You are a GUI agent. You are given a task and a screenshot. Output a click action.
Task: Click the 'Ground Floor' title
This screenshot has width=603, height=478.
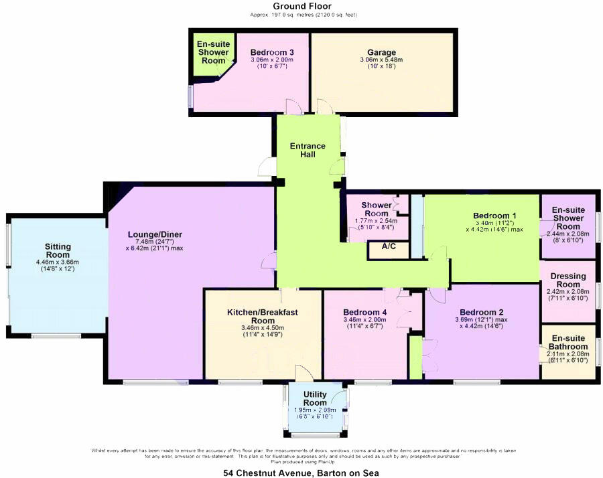pos(301,6)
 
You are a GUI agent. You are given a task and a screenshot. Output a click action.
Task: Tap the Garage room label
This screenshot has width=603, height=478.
pos(381,52)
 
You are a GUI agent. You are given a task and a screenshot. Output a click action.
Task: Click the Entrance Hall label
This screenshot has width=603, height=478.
pos(308,150)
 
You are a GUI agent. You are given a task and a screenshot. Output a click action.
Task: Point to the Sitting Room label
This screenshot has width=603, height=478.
pos(58,250)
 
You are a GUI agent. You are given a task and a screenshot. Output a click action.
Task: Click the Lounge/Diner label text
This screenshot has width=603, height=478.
pos(155,234)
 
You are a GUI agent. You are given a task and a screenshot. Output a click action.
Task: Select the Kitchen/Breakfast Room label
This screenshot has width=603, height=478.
pos(263,316)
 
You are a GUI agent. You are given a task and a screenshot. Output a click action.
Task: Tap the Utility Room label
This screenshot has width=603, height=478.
pos(315,399)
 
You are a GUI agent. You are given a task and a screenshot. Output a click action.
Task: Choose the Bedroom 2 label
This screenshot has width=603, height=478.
pos(481,312)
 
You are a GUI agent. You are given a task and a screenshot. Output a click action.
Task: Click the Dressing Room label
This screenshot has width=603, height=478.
pos(567,280)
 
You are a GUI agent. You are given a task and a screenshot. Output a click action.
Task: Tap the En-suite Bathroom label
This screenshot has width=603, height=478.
pos(568,342)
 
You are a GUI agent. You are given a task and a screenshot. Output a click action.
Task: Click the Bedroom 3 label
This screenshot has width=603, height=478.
pos(272,52)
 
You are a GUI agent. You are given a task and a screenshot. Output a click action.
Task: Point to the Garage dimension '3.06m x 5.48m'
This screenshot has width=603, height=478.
pos(381,60)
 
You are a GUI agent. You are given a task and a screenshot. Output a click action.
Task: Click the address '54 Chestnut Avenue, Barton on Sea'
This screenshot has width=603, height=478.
pos(301,473)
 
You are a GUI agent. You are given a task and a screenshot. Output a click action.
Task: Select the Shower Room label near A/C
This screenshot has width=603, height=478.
pos(377,208)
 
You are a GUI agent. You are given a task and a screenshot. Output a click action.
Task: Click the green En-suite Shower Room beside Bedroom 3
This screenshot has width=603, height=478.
pos(213,52)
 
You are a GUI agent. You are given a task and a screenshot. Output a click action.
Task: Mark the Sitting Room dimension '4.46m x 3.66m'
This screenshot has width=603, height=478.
pos(58,262)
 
